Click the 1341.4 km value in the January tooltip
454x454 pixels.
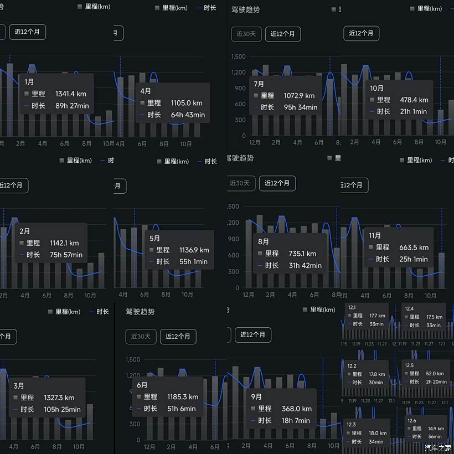tap(71, 94)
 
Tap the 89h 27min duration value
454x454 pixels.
tap(72, 106)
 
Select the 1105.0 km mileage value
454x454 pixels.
tap(187, 103)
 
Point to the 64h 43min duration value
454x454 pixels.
tap(188, 115)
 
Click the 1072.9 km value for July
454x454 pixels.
tap(299, 96)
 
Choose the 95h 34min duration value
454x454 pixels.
tap(300, 107)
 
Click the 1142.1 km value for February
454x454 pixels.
tap(64, 243)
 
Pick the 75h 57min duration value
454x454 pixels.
tap(65, 255)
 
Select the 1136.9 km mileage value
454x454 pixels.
tap(194, 250)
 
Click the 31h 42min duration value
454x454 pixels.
tap(305, 266)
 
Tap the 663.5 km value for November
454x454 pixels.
tap(414, 247)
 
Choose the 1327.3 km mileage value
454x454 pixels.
tap(59, 398)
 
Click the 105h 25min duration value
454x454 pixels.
tap(62, 410)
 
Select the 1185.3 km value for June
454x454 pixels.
tap(183, 397)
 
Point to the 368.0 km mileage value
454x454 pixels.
tap(297, 409)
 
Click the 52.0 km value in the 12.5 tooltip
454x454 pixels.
tap(435, 374)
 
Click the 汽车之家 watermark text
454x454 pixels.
tap(438, 447)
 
